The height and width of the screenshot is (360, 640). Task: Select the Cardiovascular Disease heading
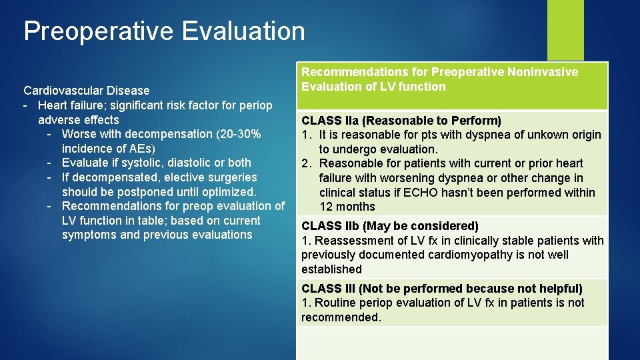(87, 90)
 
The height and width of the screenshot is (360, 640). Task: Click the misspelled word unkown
(535, 135)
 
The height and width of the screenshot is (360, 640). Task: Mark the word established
(331, 269)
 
